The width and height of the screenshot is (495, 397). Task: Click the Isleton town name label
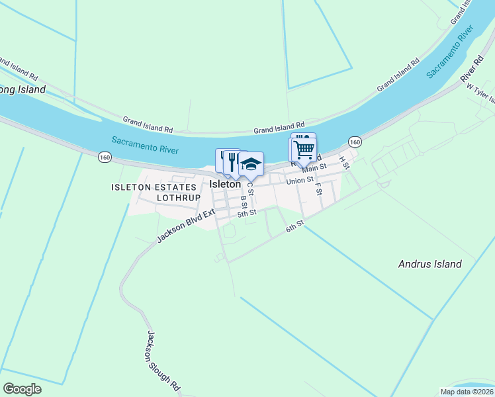click(x=225, y=185)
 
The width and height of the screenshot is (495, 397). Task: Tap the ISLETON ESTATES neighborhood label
click(x=154, y=188)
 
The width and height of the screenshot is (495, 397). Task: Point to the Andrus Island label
click(x=429, y=264)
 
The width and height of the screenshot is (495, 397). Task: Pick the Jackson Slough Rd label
click(x=163, y=361)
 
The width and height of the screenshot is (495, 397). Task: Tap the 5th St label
click(x=247, y=213)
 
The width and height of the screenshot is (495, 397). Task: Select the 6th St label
click(x=294, y=226)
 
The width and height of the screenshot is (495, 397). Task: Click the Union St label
click(x=299, y=180)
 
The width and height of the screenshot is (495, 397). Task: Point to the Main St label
click(x=314, y=168)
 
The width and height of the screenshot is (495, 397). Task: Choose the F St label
click(x=318, y=187)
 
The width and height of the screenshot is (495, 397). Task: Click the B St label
click(x=244, y=202)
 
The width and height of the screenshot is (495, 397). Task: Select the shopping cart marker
click(x=304, y=149)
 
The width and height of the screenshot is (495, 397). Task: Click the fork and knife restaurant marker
click(x=232, y=161)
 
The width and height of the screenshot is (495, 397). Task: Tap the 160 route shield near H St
click(x=355, y=142)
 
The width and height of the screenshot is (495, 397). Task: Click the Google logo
click(x=22, y=389)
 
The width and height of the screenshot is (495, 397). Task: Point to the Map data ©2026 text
click(x=466, y=392)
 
